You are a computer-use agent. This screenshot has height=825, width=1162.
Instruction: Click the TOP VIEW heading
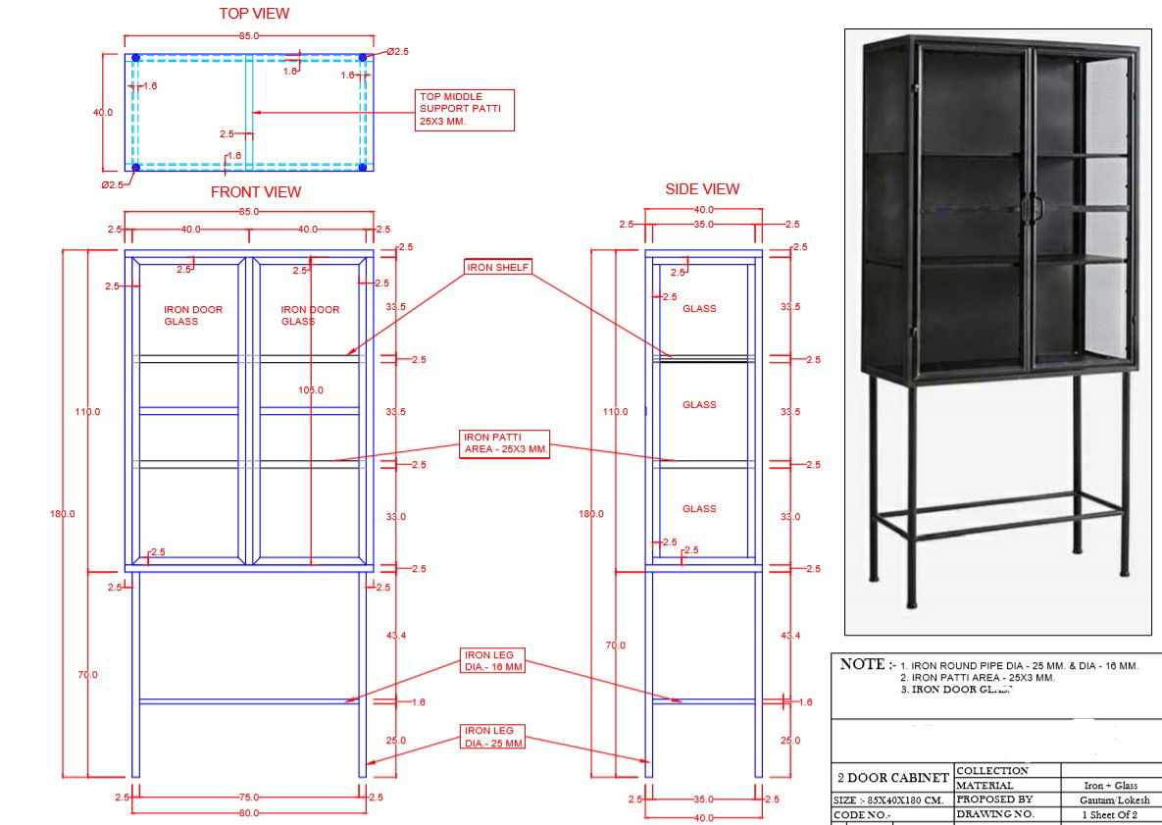pyautogui.click(x=254, y=14)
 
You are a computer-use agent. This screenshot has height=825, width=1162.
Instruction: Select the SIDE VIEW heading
pyautogui.click(x=702, y=189)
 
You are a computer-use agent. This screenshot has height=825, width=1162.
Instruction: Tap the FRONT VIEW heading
pyautogui.click(x=256, y=192)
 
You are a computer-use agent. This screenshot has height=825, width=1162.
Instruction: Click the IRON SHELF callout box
pyautogui.click(x=498, y=267)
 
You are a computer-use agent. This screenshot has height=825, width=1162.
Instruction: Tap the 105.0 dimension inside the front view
pyautogui.click(x=311, y=390)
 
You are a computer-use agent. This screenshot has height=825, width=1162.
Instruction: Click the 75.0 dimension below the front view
pyautogui.click(x=250, y=799)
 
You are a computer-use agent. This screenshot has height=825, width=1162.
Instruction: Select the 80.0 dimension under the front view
pyautogui.click(x=249, y=813)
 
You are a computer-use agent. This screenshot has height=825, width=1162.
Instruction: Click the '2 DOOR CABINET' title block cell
pyautogui.click(x=892, y=778)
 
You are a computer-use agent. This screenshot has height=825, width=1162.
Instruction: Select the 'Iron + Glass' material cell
pyautogui.click(x=1110, y=786)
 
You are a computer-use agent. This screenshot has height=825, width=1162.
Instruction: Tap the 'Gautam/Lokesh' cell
pyautogui.click(x=1110, y=800)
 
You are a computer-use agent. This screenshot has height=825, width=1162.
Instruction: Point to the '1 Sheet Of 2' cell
pyautogui.click(x=1110, y=815)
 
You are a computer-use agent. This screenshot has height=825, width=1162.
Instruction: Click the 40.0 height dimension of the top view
pyautogui.click(x=103, y=113)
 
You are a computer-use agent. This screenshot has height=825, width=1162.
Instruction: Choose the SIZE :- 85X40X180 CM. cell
pyautogui.click(x=889, y=800)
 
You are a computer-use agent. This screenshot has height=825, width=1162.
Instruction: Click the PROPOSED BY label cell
pyautogui.click(x=993, y=800)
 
